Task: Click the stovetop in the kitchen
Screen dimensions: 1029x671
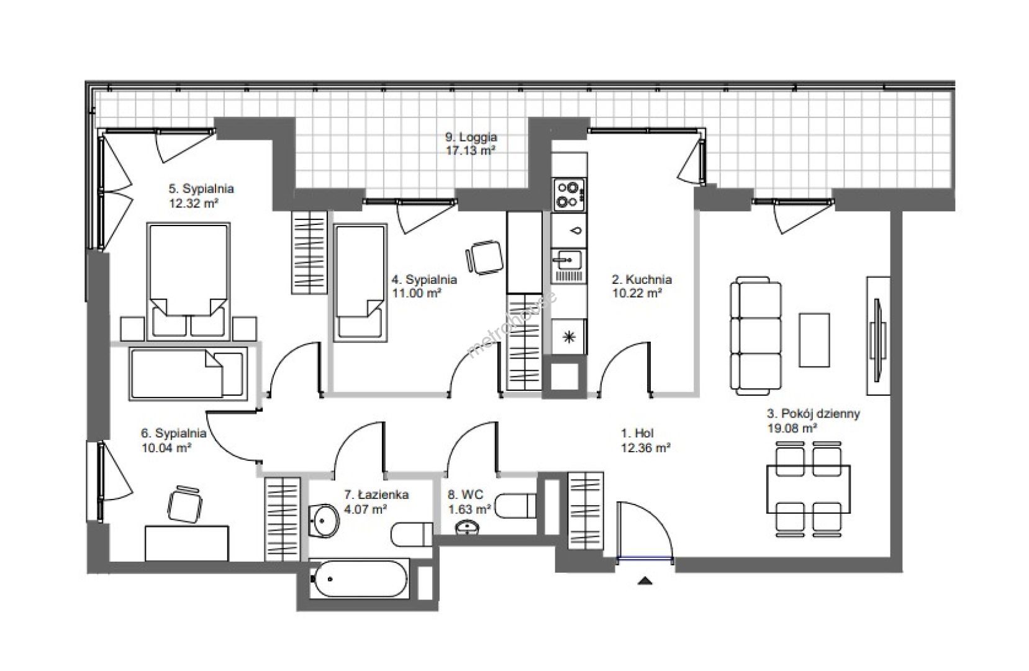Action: [x=569, y=194]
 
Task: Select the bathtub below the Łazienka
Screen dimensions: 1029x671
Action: [x=359, y=578]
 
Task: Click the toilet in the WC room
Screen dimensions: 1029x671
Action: [x=516, y=506]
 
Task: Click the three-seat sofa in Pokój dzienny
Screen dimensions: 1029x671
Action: [x=755, y=335]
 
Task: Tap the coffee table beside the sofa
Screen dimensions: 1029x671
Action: [x=814, y=340]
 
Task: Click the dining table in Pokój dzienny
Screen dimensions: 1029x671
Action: [x=809, y=489]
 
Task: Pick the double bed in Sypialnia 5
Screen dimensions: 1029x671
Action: [x=188, y=281]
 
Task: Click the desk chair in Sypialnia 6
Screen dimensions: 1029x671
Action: [x=185, y=504]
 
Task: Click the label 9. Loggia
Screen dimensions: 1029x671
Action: [x=471, y=137]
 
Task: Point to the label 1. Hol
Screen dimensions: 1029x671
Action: [x=637, y=433]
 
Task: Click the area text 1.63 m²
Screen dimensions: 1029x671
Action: [x=469, y=509]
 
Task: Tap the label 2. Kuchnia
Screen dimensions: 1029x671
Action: [x=641, y=280]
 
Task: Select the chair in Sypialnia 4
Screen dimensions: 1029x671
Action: [x=484, y=257]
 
